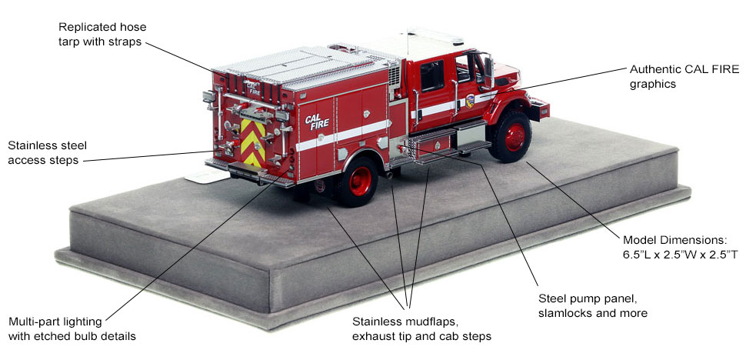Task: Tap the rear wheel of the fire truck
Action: point(358,182)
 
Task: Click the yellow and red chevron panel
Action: point(253,142)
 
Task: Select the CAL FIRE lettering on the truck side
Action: point(317,122)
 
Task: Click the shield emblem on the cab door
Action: point(470,101)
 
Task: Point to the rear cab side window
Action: point(432,76)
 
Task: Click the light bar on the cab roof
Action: point(435,35)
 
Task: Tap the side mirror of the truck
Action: point(488,72)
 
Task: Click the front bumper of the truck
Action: point(538,108)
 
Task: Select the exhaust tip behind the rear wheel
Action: point(390,176)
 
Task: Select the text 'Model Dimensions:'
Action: point(670,239)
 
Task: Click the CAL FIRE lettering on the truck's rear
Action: point(253,87)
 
